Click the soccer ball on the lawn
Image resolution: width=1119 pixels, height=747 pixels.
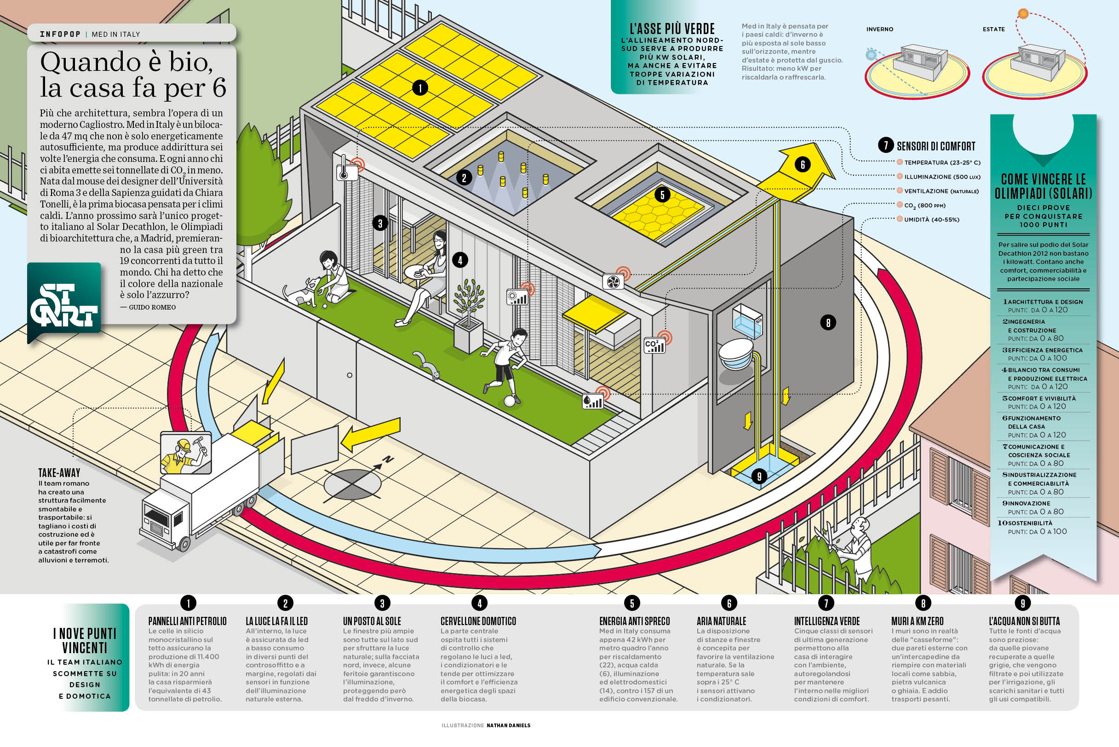pyautogui.click(x=509, y=401)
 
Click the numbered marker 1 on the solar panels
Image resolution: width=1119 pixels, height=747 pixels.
pyautogui.click(x=420, y=88)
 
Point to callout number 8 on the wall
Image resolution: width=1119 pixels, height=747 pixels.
pyautogui.click(x=828, y=322)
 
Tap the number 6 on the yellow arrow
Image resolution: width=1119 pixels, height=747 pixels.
pyautogui.click(x=803, y=165)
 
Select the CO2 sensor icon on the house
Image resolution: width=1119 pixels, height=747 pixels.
pyautogui.click(x=654, y=345)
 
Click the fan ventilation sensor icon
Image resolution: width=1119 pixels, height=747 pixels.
pyautogui.click(x=613, y=282)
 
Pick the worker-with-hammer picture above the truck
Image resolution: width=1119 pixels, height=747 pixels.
pyautogui.click(x=186, y=453)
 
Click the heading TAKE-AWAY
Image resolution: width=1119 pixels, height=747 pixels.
pyautogui.click(x=59, y=472)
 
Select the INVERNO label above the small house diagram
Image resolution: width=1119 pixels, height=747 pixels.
pyautogui.click(x=879, y=29)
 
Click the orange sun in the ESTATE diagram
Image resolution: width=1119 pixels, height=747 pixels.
pyautogui.click(x=1023, y=13)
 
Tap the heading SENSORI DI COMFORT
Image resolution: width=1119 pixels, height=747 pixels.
pyautogui.click(x=935, y=146)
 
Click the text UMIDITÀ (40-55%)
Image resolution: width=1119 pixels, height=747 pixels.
pyautogui.click(x=931, y=219)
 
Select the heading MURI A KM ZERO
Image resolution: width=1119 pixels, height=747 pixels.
pyautogui.click(x=917, y=621)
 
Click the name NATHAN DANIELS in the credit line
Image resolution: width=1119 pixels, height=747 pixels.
pyautogui.click(x=508, y=725)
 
